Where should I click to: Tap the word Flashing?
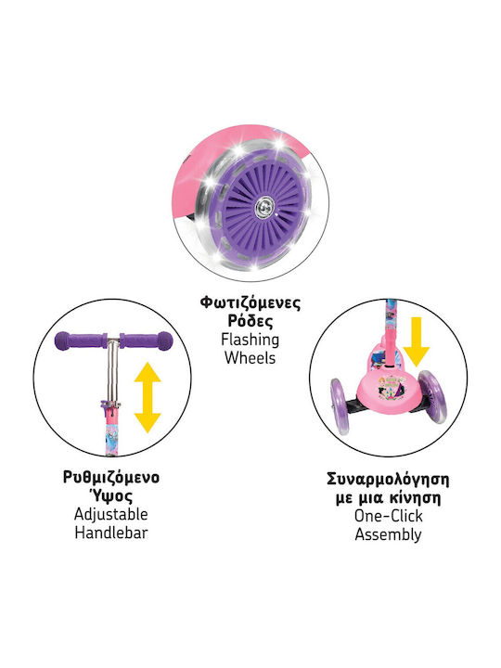[x=250, y=340]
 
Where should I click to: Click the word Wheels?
[x=250, y=358]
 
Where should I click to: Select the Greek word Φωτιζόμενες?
[x=250, y=302]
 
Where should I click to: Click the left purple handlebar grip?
[x=80, y=340]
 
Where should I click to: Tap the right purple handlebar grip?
[x=147, y=340]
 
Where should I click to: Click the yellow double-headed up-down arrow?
[x=148, y=397]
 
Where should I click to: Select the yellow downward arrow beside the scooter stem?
[x=416, y=341]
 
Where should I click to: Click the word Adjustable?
[x=111, y=514]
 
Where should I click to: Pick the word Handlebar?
[x=111, y=533]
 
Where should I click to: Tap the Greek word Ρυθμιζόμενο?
[x=111, y=478]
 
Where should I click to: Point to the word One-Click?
[x=388, y=516]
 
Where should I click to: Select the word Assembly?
[x=388, y=534]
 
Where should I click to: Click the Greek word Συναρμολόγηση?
[x=388, y=480]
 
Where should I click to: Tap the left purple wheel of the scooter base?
[x=340, y=406]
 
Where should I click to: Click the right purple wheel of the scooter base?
[x=431, y=397]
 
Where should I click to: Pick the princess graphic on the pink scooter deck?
[x=387, y=386]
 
